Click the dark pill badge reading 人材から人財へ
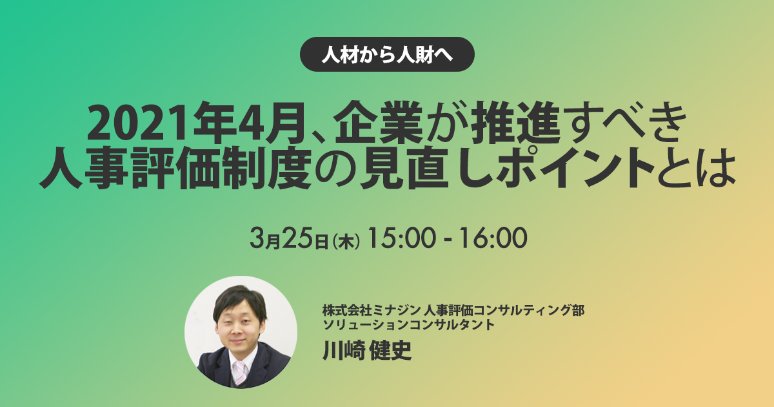[387, 54]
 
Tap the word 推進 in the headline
[515, 122]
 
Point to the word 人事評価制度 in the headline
[175, 167]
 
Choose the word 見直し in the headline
[425, 167]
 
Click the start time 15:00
[401, 238]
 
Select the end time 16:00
[493, 238]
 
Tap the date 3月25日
[289, 238]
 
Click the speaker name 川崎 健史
[367, 350]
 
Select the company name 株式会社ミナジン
[372, 311]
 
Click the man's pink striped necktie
[240, 372]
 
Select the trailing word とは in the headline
[696, 168]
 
